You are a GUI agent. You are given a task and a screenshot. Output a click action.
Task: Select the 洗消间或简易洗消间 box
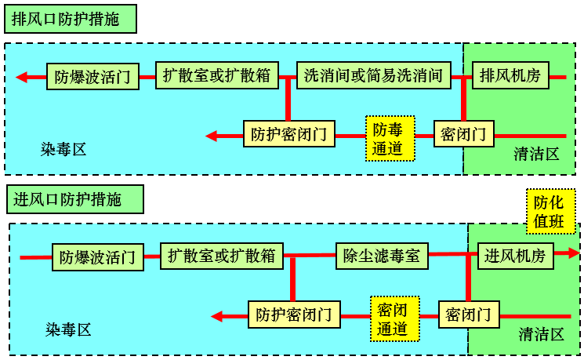point(374,76)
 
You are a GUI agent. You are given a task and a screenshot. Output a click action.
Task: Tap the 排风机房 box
point(510,76)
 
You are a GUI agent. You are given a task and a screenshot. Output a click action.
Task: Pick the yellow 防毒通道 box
point(387,139)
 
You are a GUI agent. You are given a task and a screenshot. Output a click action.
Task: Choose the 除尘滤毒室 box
point(382,256)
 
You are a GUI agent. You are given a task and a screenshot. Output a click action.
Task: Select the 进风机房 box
point(515,256)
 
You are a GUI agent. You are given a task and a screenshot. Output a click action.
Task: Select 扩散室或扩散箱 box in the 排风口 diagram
point(216,76)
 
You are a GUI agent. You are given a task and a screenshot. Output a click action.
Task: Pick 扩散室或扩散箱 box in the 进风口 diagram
point(221,256)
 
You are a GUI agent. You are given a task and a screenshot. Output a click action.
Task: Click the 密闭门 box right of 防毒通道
point(463,134)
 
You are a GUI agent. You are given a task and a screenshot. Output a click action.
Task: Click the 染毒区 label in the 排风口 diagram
point(63,149)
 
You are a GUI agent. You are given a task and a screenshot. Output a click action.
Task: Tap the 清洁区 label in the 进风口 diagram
point(541,334)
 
